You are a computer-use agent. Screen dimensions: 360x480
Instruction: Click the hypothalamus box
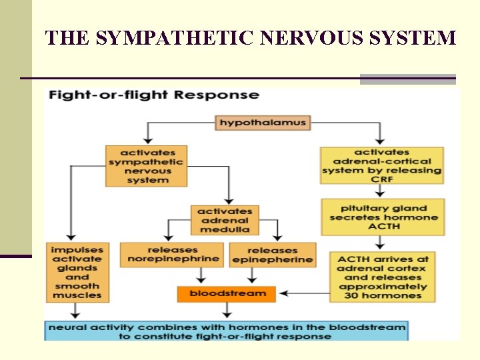[x=263, y=123]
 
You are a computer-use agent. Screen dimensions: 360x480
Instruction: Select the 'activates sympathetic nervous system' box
[x=147, y=166]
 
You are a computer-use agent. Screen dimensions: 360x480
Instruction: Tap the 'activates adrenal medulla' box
[x=225, y=220]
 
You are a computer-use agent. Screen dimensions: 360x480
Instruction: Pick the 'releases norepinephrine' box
[x=171, y=254]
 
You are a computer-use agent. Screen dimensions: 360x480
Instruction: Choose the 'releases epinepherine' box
[x=271, y=255]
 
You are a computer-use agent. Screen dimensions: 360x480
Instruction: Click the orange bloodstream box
[x=227, y=293]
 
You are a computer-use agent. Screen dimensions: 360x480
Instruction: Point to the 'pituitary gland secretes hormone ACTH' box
[x=383, y=217]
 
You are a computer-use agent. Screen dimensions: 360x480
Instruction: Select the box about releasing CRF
[x=382, y=165]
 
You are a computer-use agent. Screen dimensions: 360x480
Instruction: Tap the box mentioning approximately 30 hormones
[x=383, y=277]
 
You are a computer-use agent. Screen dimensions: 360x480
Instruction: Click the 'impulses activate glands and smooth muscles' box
[x=77, y=271]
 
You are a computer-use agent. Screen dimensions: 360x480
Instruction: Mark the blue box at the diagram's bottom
[x=225, y=331]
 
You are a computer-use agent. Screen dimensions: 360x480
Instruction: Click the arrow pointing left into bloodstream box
[x=303, y=293]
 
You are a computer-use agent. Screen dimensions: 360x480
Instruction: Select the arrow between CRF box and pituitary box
[x=379, y=191]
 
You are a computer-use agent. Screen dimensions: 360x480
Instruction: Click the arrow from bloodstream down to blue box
[x=227, y=311]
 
